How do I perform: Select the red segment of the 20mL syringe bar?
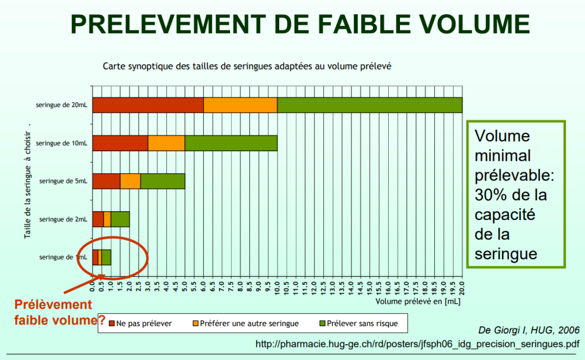(x=148, y=106)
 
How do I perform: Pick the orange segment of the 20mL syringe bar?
(x=240, y=106)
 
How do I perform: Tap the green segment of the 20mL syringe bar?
(x=370, y=106)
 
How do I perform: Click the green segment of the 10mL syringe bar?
(x=231, y=143)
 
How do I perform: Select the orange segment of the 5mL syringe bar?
(x=130, y=181)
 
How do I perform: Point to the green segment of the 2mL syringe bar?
(x=120, y=219)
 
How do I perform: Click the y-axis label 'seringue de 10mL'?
(x=61, y=143)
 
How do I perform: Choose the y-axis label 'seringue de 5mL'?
(x=63, y=181)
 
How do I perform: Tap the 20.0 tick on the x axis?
(x=462, y=287)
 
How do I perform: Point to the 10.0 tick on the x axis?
(x=277, y=287)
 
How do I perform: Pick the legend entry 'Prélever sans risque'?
(x=362, y=323)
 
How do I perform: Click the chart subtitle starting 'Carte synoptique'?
(x=247, y=66)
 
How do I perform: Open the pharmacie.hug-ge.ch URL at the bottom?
(x=417, y=343)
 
